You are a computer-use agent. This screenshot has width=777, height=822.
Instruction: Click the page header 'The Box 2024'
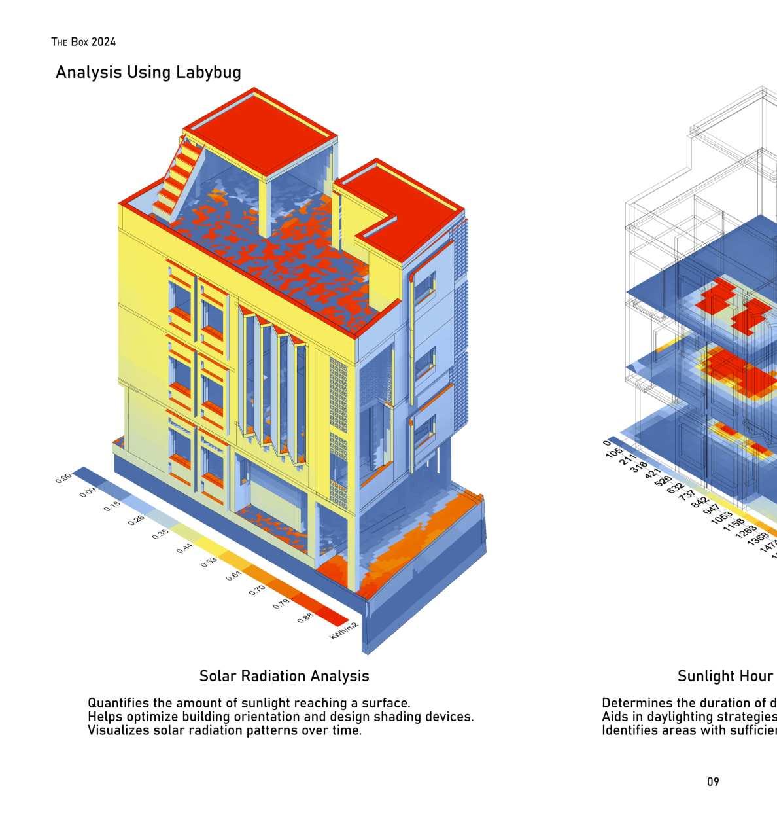tap(84, 42)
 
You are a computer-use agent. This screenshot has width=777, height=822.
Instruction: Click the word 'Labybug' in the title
tap(208, 72)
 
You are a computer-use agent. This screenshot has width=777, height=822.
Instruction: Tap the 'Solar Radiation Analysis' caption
tap(284, 676)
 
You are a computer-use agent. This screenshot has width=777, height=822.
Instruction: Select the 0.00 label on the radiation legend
tap(63, 478)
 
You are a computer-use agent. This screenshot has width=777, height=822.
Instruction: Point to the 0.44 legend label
tap(184, 548)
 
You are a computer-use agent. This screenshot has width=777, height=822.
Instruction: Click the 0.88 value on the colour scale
tap(305, 617)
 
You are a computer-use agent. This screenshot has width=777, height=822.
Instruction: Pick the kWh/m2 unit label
tap(344, 630)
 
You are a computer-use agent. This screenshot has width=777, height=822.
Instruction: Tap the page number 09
tap(713, 781)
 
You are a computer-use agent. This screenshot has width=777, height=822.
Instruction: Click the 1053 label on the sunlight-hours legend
tap(721, 516)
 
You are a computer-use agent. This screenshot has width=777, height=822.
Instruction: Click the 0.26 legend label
tap(136, 520)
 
